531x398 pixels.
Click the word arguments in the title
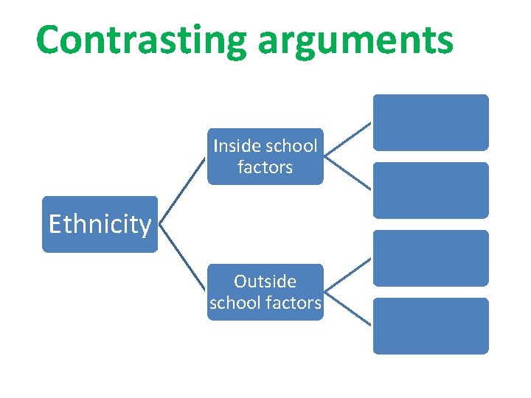coord(355,41)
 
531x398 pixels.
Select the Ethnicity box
coord(100,224)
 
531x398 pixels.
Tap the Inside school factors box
coord(265,156)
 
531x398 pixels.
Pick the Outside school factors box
coord(265,292)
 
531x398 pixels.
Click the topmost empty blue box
coord(431,122)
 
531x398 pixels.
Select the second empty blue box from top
coord(431,190)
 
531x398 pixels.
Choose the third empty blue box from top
coord(431,258)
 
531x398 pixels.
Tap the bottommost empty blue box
coord(431,326)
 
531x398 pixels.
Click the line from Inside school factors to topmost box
coord(348,139)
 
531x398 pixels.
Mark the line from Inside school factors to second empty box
coord(348,173)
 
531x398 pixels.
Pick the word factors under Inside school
coord(265,167)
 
